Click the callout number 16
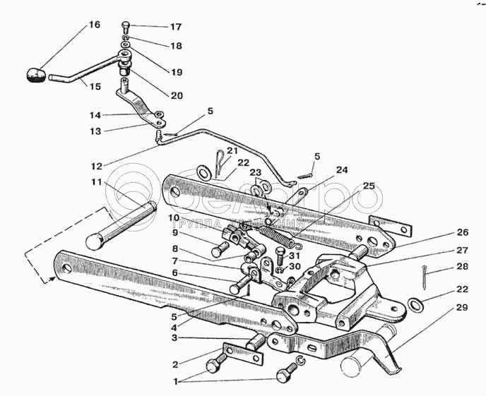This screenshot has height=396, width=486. tap(94, 25)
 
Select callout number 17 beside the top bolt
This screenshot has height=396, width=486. tap(176, 27)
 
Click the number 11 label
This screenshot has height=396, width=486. tap(96, 182)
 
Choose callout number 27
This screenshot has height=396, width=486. tap(462, 250)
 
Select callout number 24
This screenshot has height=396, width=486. tap(342, 169)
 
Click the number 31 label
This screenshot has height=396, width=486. tap(294, 255)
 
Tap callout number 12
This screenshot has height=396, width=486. tap(96, 166)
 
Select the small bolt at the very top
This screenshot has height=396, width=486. tap(126, 27)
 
